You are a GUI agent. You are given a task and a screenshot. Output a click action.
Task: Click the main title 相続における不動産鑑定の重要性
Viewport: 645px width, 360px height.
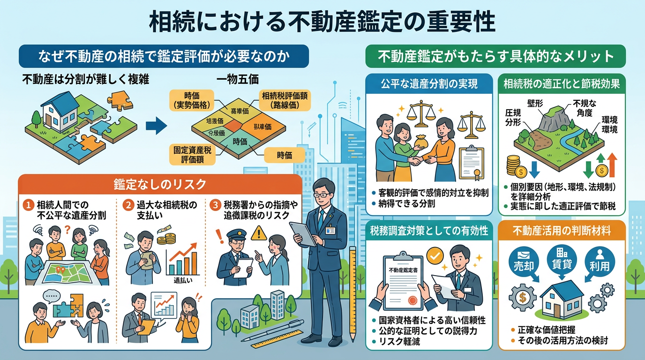click(x=322, y=21)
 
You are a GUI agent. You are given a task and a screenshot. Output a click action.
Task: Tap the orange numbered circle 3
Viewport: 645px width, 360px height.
click(x=214, y=205)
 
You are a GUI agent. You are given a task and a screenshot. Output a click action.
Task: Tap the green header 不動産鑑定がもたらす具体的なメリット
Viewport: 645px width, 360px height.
click(x=495, y=56)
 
